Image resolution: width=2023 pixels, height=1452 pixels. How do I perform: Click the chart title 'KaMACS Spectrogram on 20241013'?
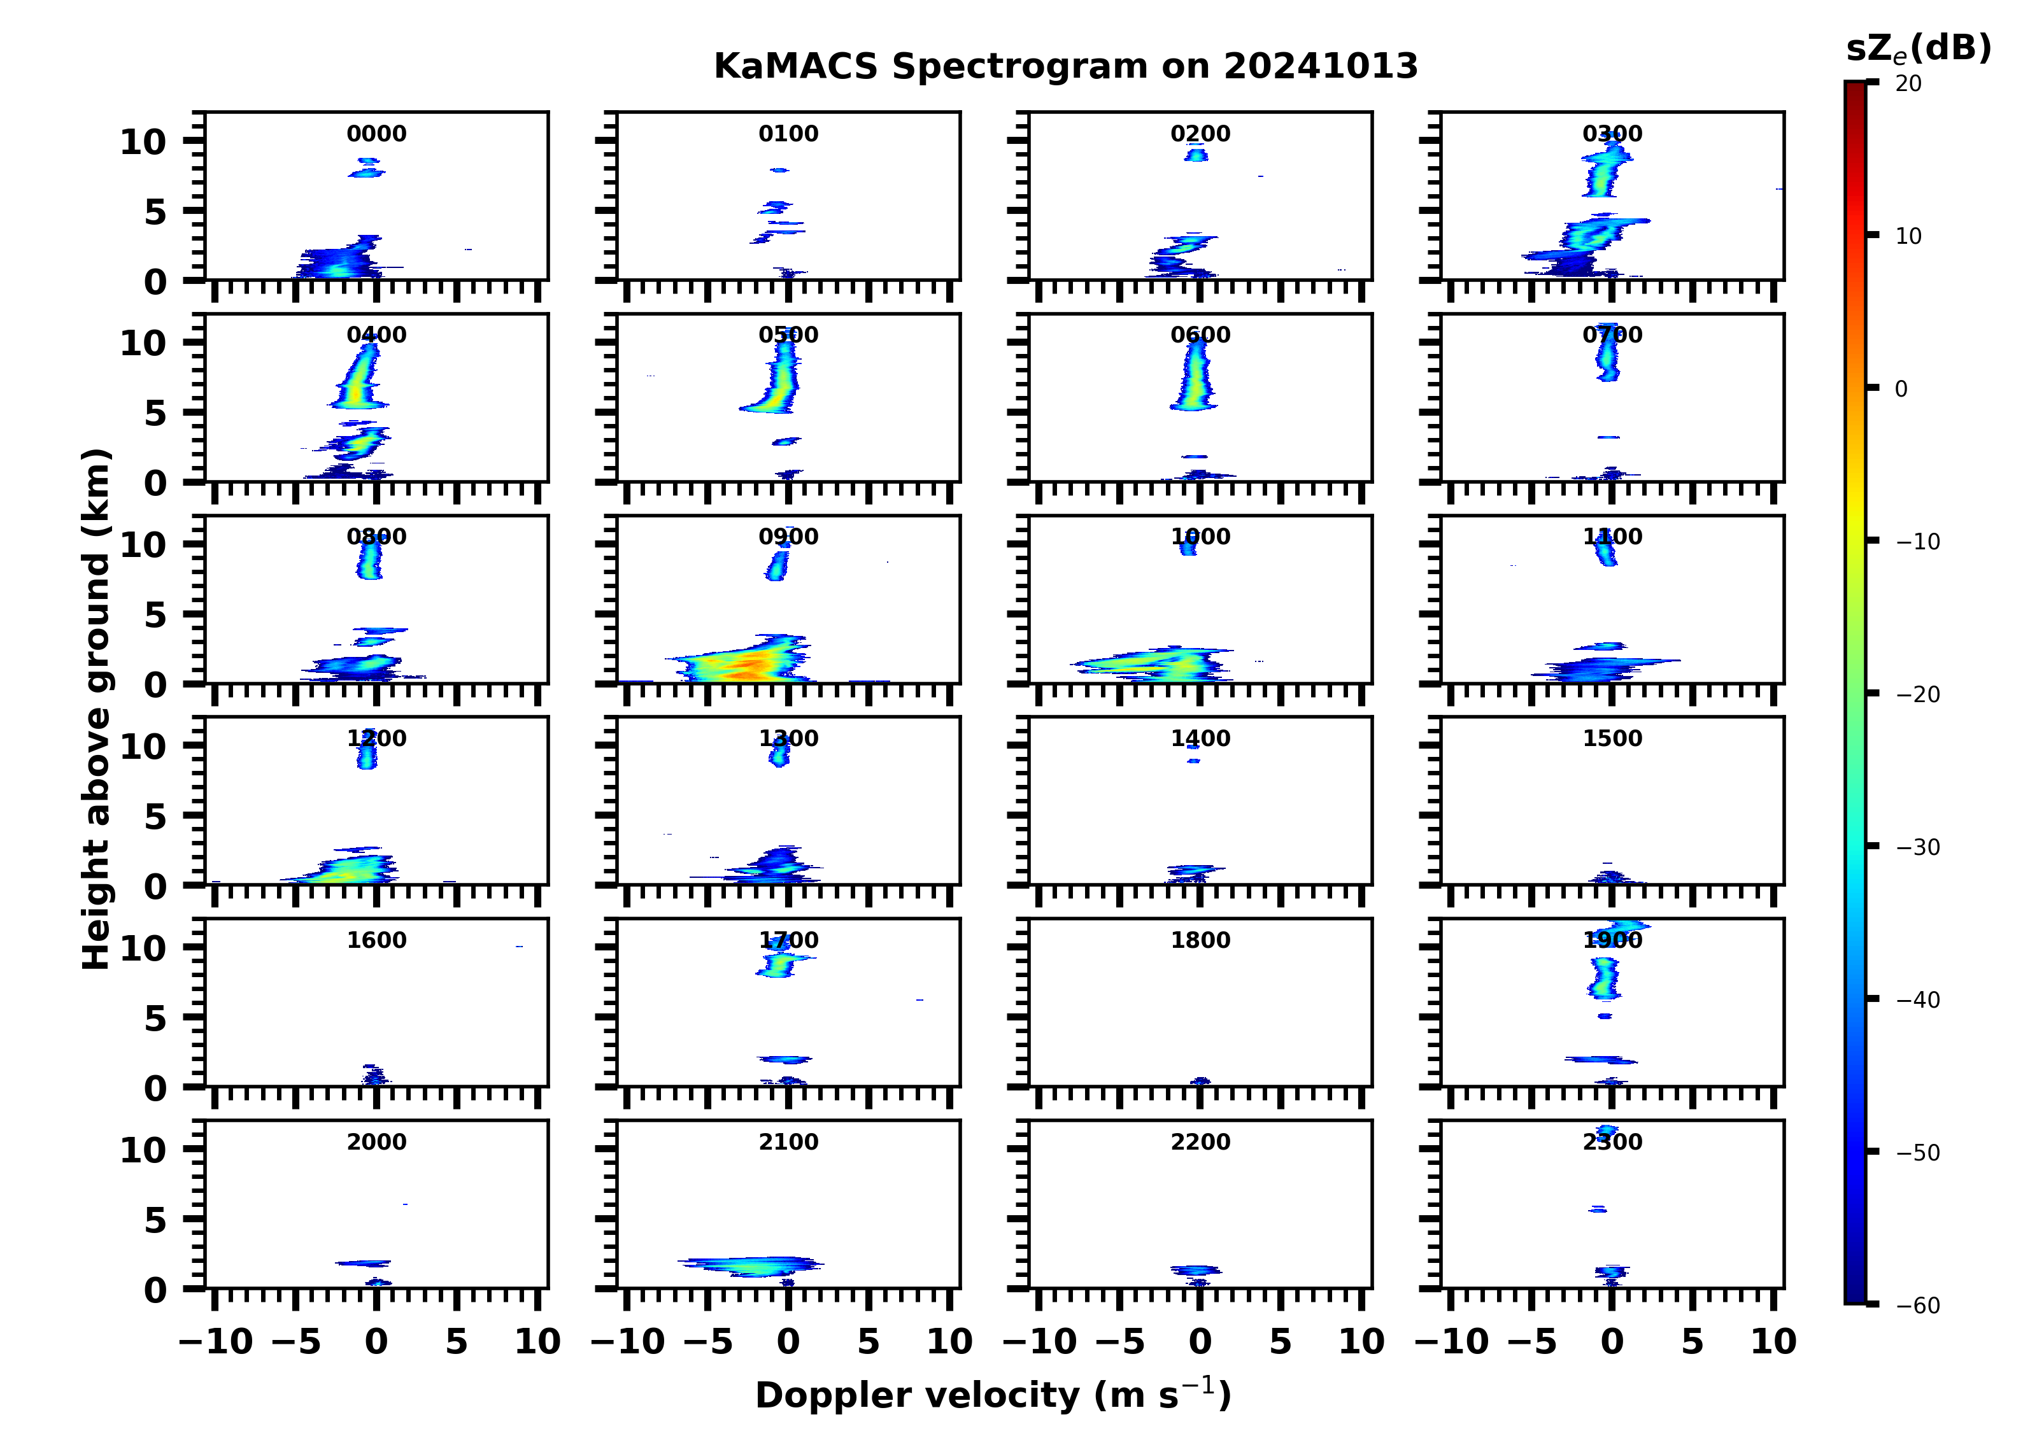1065,66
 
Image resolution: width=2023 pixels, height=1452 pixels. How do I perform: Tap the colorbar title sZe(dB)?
1918,48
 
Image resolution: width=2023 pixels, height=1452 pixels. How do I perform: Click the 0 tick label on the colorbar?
1901,389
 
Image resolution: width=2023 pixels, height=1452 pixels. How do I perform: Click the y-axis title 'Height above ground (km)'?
96,709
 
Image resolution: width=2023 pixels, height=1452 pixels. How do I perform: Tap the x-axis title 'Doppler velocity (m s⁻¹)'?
993,1395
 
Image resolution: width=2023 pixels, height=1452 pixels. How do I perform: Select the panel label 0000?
376,134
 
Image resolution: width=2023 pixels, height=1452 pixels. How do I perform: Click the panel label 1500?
1612,738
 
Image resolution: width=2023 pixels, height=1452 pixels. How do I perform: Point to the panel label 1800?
1200,940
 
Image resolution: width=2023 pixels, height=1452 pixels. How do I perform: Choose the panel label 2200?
1200,1141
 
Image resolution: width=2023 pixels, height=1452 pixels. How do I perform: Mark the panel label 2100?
788,1141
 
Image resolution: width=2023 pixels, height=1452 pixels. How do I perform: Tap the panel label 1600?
376,940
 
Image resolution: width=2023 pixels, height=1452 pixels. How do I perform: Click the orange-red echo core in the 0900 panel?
756,663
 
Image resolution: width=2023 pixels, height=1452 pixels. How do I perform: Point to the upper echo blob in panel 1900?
1605,976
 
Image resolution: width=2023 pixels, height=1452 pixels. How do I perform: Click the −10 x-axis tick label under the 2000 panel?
216,1341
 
